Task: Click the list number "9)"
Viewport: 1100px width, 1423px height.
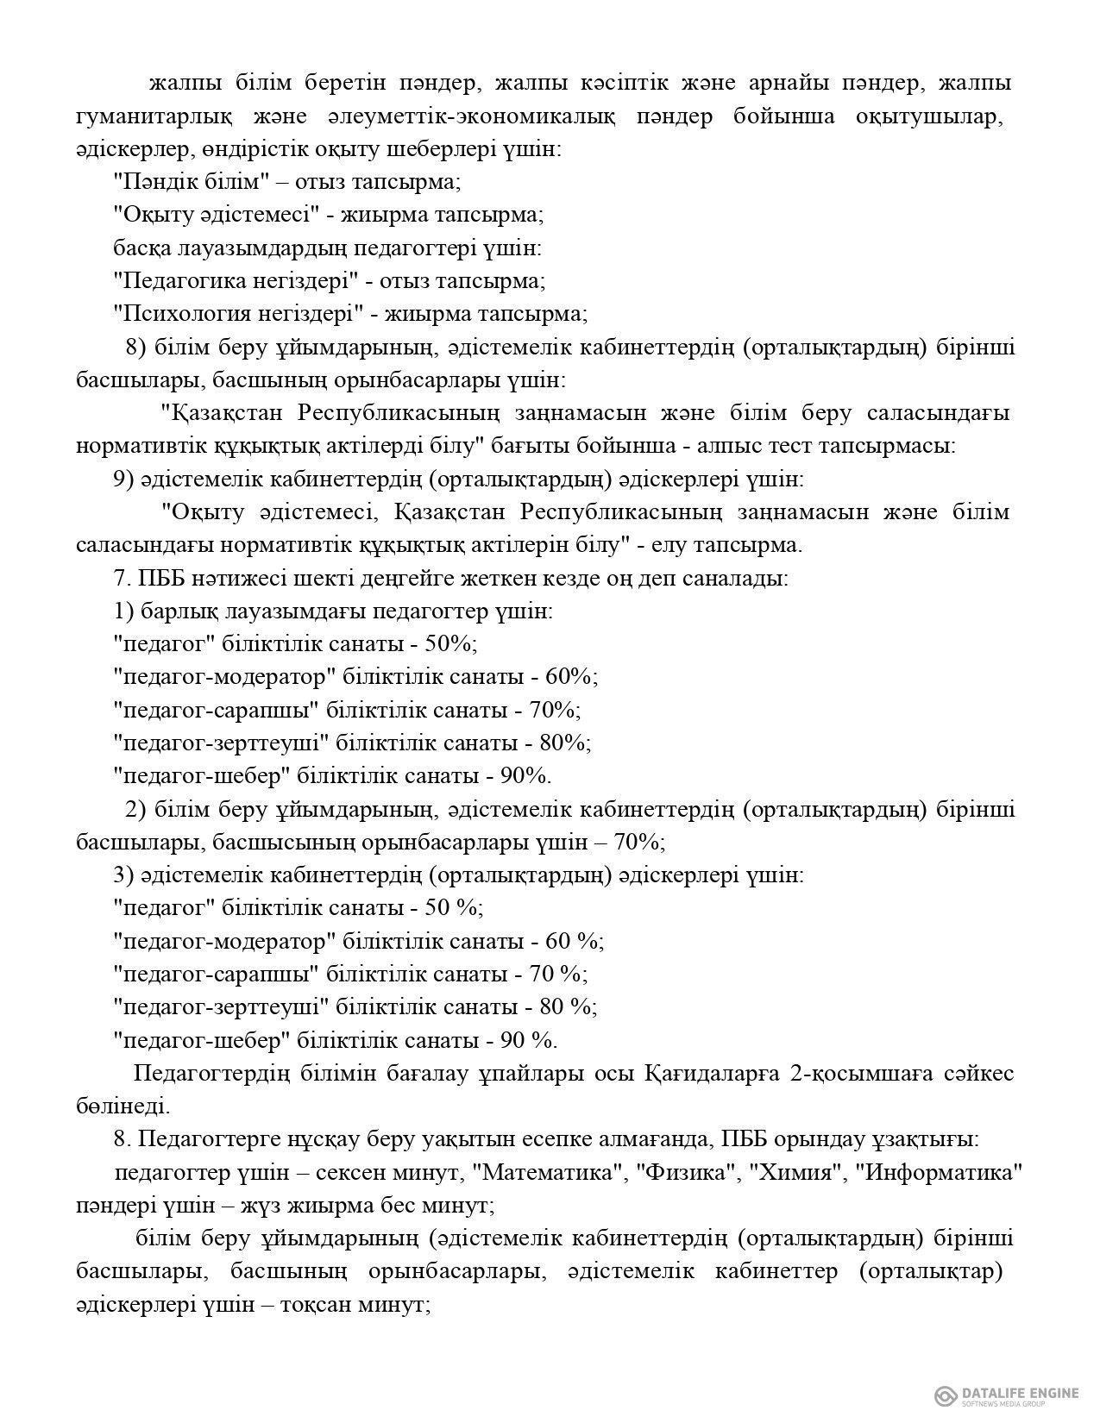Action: click(x=123, y=479)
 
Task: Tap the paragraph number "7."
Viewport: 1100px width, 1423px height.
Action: click(x=120, y=578)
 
